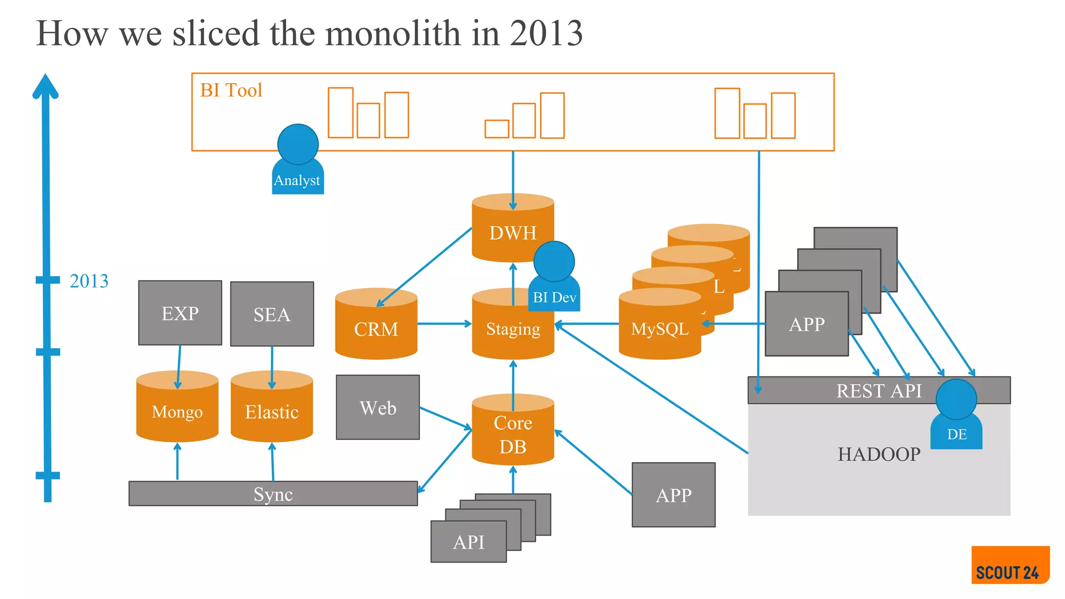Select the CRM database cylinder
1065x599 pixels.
click(x=376, y=328)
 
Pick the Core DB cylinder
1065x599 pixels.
click(x=513, y=434)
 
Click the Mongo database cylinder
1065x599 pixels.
click(x=177, y=411)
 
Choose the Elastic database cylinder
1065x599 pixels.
click(x=271, y=411)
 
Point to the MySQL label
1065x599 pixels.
click(x=659, y=329)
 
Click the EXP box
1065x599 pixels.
click(x=180, y=313)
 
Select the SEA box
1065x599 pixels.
click(x=272, y=314)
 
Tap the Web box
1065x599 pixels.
click(x=378, y=408)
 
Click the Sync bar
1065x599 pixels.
click(x=273, y=493)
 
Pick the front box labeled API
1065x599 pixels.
click(x=469, y=542)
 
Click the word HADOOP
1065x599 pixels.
click(x=879, y=454)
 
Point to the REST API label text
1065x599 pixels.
click(x=878, y=390)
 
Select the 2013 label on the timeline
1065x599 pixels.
click(x=89, y=281)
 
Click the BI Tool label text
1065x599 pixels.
click(x=231, y=90)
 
